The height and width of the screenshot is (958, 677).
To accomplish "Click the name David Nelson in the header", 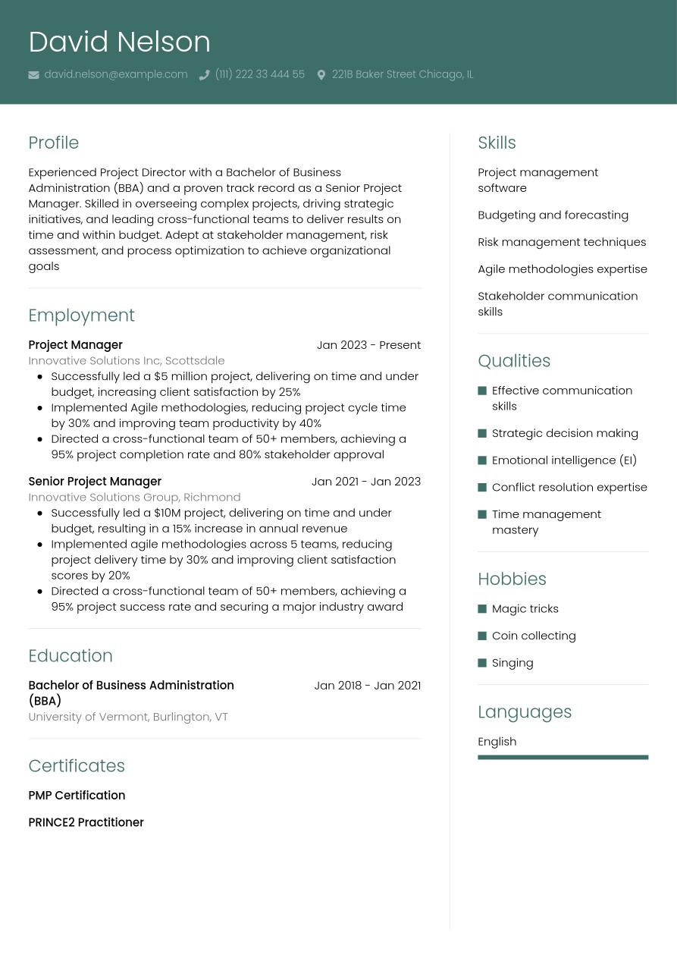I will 119,42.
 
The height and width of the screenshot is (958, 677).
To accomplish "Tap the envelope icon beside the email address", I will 33,75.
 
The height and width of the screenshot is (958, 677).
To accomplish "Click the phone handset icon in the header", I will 204,75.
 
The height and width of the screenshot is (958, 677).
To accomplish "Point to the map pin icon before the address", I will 321,75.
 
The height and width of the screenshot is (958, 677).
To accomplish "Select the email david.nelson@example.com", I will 115,74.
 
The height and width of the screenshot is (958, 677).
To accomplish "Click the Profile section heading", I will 53,143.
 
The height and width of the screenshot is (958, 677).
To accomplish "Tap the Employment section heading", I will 81,315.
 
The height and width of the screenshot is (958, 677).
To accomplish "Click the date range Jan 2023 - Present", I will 368,345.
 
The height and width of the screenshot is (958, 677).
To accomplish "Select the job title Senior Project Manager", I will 95,482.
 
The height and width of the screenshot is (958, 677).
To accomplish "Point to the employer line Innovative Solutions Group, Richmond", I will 134,498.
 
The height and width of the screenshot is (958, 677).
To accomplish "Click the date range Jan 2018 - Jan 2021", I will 367,686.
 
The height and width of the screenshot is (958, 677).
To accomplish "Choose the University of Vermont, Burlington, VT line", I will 127,717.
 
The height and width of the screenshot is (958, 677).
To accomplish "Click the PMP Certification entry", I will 77,796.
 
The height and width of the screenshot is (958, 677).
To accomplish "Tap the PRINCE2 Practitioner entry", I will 86,822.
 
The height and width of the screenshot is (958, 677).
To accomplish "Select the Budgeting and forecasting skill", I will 553,215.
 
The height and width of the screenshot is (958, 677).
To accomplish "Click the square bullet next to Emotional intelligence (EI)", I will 482,460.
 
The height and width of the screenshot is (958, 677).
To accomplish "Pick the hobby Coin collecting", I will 534,636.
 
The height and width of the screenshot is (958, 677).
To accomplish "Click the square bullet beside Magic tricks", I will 482,609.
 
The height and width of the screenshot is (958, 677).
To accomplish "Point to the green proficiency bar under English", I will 563,757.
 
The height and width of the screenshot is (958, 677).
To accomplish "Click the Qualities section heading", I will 514,361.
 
